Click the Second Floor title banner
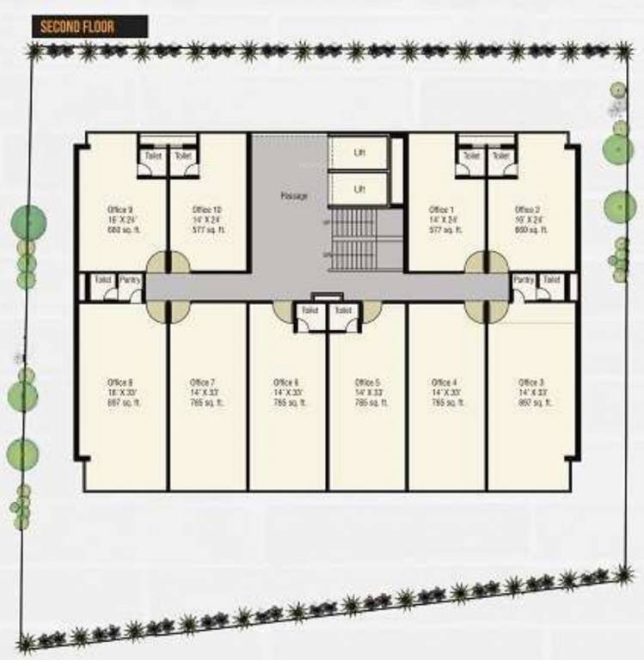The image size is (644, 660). (x=89, y=25)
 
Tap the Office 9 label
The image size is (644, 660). (x=120, y=210)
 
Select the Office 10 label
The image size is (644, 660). (x=206, y=210)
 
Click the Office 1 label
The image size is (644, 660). (x=442, y=210)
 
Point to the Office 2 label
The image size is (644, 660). (x=527, y=210)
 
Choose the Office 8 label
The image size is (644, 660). (x=120, y=382)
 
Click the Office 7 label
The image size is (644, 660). (x=203, y=382)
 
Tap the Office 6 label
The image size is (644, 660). (x=286, y=382)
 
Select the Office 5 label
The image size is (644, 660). (x=367, y=382)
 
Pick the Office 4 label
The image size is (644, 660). (x=445, y=382)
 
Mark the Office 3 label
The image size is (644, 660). (x=531, y=382)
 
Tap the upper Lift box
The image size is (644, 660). (x=359, y=153)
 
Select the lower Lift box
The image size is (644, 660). (x=359, y=188)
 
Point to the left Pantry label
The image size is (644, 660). (x=130, y=280)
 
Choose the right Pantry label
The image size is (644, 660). (x=524, y=280)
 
